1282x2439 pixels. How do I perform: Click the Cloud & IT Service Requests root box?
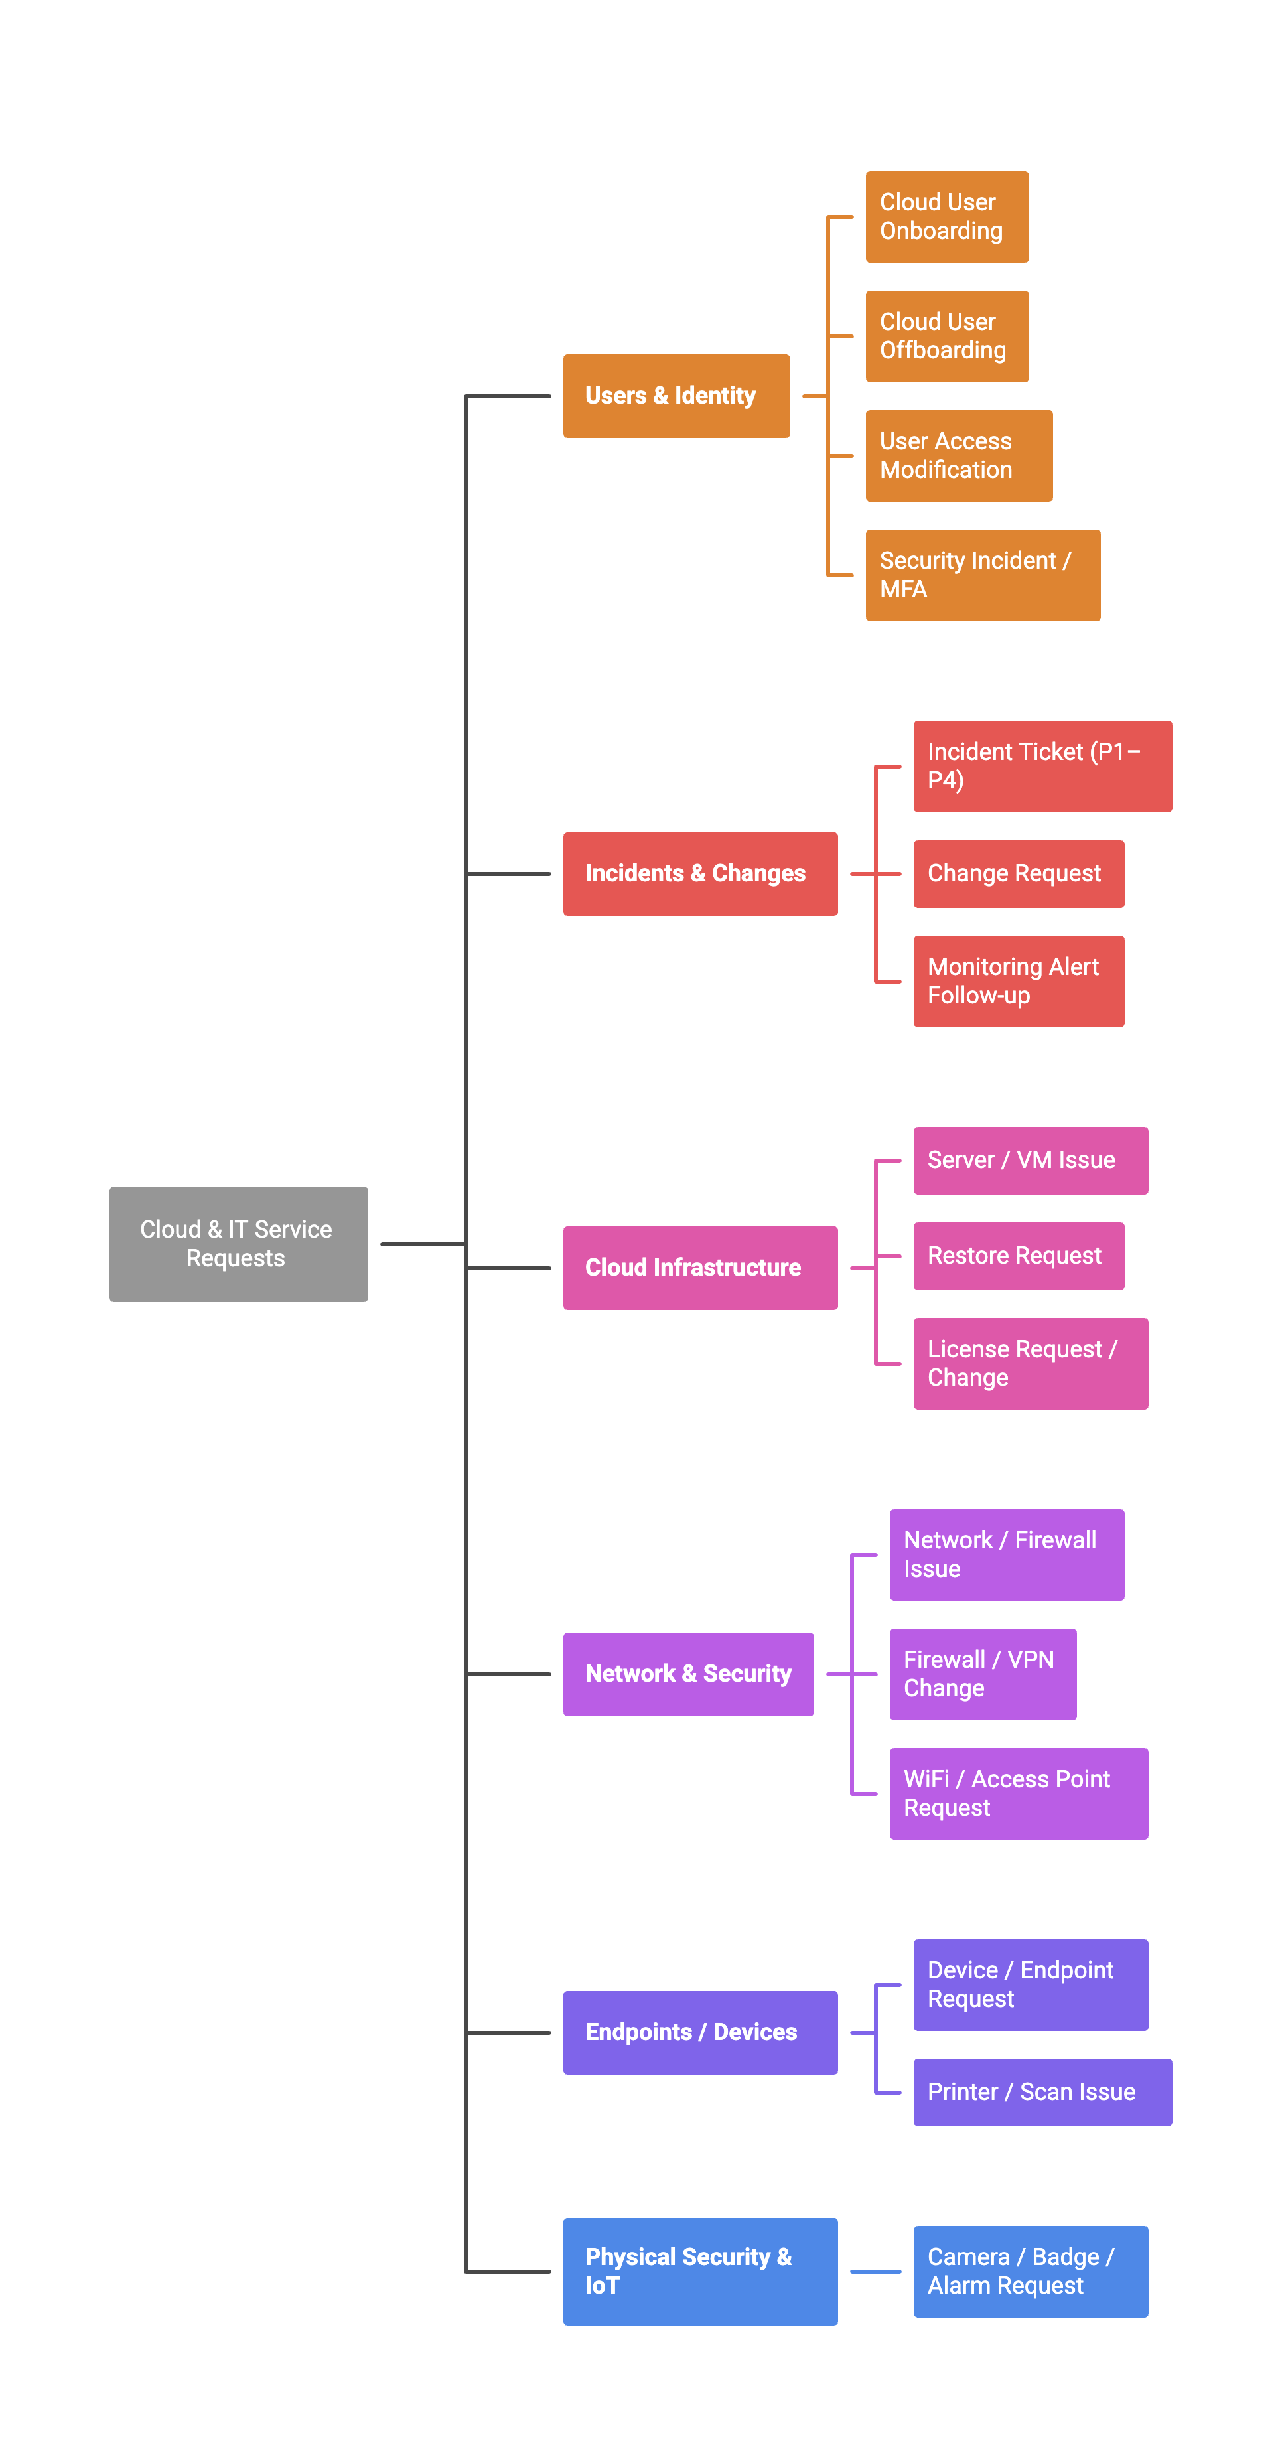point(238,1244)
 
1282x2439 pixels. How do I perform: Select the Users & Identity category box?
point(676,396)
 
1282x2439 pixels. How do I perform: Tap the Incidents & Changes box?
point(699,873)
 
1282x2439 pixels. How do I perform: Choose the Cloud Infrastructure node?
point(699,1267)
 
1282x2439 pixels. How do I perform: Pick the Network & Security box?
point(688,1674)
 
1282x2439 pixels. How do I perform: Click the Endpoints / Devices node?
point(699,2032)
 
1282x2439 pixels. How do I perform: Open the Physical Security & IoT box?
point(699,2270)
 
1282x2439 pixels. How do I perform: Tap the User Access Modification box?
point(958,455)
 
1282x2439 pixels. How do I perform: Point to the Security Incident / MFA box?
point(983,575)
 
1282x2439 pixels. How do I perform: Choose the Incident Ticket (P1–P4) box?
point(1042,766)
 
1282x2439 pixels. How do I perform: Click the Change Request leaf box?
point(1019,873)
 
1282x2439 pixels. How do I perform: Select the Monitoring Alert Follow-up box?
point(1019,981)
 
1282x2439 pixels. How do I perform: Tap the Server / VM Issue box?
point(1030,1160)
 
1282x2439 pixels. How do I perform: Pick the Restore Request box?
point(1019,1256)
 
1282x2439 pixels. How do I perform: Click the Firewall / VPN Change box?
point(983,1674)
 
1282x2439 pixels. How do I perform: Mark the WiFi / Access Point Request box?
point(1019,1793)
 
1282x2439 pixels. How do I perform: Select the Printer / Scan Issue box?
point(1042,2091)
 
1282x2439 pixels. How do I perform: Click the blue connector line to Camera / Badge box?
point(875,2271)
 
